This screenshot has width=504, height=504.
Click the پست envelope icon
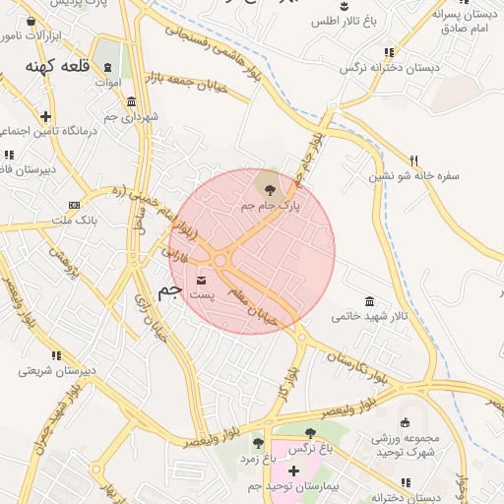[201, 282]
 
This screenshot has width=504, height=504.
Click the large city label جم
[169, 291]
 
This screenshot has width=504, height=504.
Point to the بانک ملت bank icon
[74, 205]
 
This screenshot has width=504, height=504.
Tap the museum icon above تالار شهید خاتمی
[369, 301]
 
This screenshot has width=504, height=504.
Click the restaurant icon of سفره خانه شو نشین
[414, 160]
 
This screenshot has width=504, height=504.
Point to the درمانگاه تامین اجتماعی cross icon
[46, 116]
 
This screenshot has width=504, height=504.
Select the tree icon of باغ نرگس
[311, 433]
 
